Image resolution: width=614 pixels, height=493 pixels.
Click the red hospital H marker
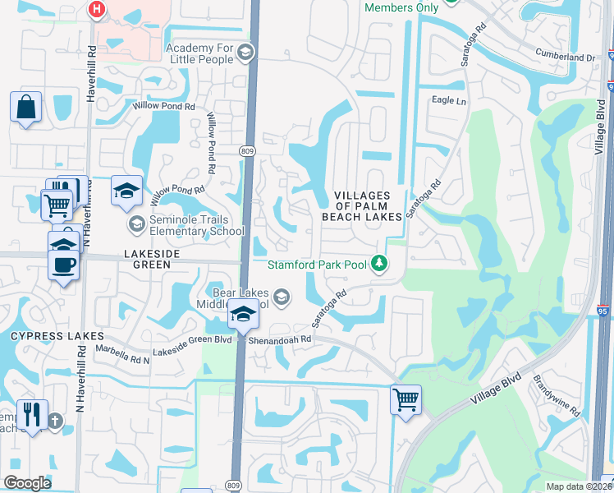tap(97, 9)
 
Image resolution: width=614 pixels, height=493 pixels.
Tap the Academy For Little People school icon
tap(244, 53)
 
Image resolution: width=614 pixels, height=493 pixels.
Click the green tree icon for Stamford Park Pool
tap(378, 264)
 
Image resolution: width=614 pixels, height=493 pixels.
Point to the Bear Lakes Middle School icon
tap(282, 297)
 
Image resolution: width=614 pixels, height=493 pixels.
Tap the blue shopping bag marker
tap(25, 107)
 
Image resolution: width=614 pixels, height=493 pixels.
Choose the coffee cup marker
tap(63, 265)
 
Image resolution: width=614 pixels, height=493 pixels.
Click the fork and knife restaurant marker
tap(32, 414)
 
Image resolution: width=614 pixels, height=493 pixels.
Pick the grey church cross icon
tap(55, 422)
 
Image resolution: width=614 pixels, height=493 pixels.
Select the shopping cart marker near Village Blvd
tap(406, 400)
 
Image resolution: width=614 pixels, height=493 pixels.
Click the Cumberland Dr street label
tap(567, 58)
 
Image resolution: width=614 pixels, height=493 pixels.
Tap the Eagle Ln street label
tap(448, 100)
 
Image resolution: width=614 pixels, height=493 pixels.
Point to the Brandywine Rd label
tap(557, 396)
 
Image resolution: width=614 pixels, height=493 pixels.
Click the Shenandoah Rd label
tap(283, 339)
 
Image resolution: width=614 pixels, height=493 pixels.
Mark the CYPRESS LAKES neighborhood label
tap(57, 336)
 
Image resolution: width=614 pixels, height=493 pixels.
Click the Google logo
tap(26, 483)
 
